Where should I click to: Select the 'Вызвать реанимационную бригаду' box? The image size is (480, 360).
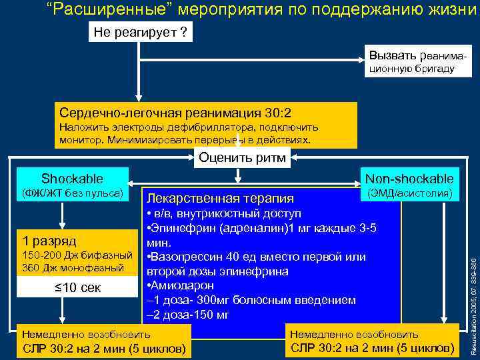pyautogui.click(x=411, y=61)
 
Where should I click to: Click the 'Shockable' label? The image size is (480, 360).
pyautogui.click(x=72, y=178)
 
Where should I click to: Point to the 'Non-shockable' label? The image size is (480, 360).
pyautogui.click(x=409, y=178)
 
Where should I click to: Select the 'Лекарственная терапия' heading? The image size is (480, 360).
pyautogui.click(x=220, y=198)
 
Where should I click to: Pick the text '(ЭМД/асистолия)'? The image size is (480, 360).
pyautogui.click(x=409, y=193)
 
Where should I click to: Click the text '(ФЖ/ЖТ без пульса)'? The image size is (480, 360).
pyautogui.click(x=73, y=193)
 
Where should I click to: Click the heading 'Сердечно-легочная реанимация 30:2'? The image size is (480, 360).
pyautogui.click(x=175, y=113)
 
